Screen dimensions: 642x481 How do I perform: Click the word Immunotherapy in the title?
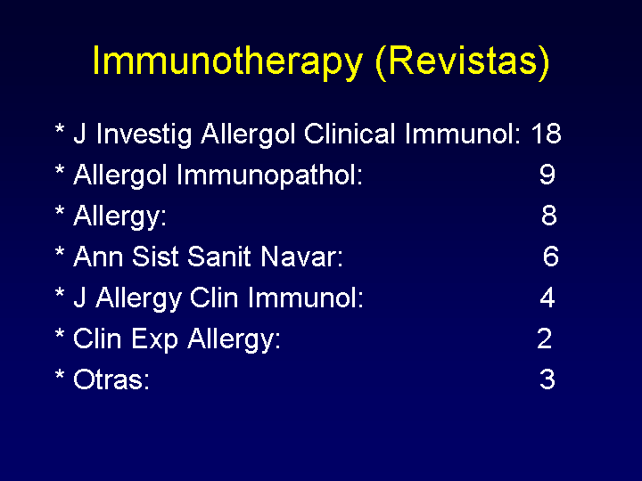click(227, 62)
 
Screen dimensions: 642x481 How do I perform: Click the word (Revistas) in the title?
click(462, 62)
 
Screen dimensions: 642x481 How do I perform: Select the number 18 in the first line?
click(547, 134)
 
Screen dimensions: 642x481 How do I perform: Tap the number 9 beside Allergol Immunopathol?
click(547, 175)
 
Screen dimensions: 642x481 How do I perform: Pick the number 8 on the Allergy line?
click(549, 216)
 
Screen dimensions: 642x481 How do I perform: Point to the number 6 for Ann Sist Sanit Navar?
click(551, 256)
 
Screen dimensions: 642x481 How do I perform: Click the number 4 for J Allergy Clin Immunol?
click(547, 297)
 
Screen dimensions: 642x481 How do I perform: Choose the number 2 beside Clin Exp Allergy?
click(545, 338)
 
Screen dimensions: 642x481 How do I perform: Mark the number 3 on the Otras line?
click(547, 379)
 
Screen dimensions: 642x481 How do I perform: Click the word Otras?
click(111, 379)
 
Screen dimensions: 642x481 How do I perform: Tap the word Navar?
click(301, 257)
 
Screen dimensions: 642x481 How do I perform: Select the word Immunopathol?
click(269, 175)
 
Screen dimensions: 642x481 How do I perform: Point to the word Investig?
click(144, 135)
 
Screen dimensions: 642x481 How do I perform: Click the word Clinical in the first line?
click(350, 134)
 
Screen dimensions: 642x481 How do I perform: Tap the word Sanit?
click(219, 257)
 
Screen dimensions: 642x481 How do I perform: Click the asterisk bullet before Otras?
click(60, 375)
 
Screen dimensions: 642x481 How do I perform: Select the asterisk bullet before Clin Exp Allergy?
click(60, 334)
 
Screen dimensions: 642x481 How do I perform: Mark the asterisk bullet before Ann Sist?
click(60, 252)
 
